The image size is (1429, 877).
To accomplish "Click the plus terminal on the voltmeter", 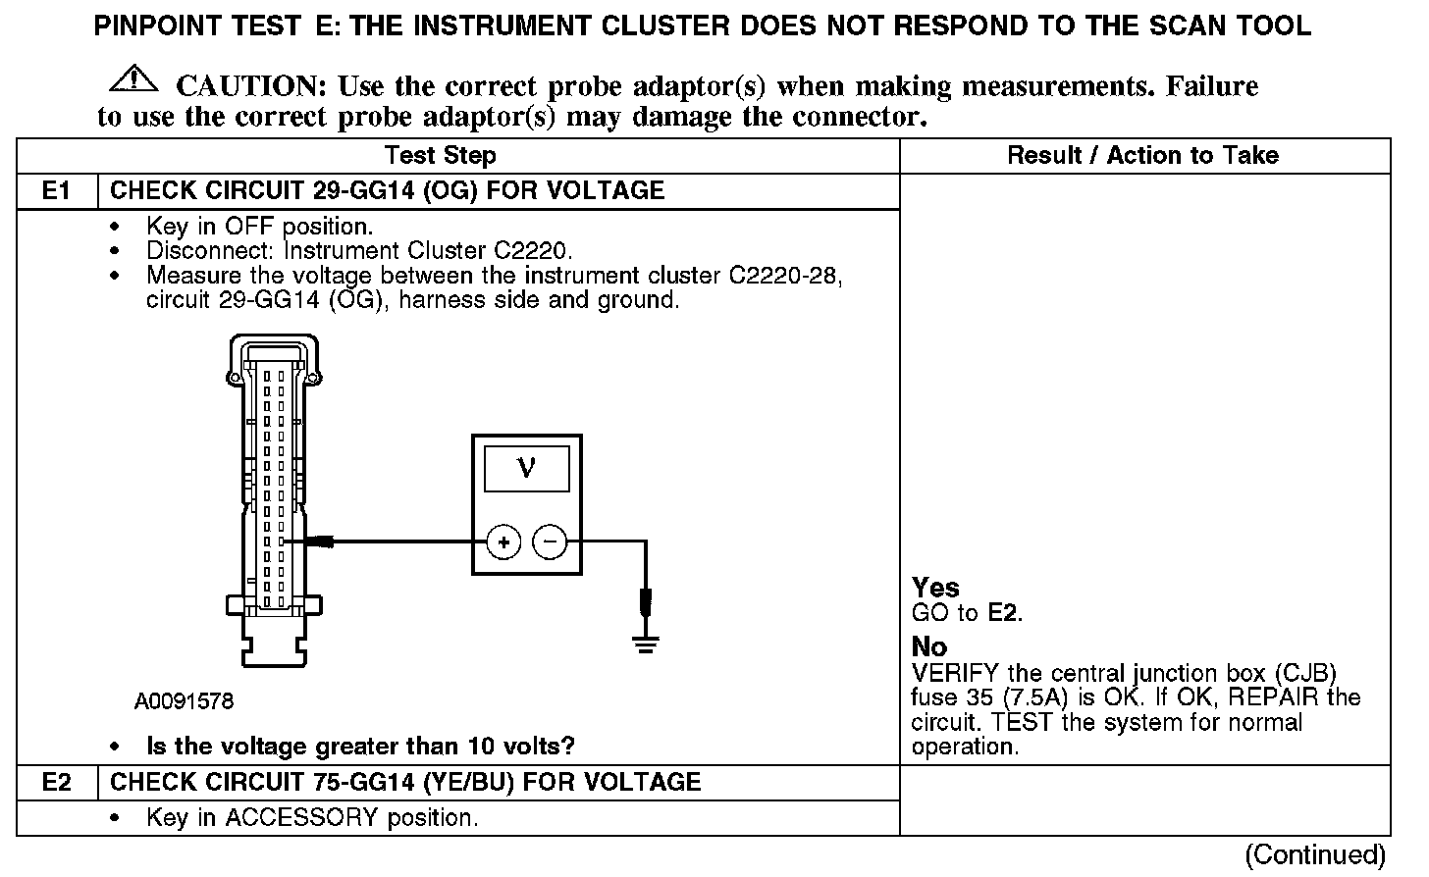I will (x=503, y=542).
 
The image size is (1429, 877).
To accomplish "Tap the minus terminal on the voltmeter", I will (x=550, y=542).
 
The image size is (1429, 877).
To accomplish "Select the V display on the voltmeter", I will (x=526, y=469).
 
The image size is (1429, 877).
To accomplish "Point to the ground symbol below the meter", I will (x=645, y=644).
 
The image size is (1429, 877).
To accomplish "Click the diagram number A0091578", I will (x=185, y=701).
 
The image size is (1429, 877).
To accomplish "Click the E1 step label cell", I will (x=57, y=190).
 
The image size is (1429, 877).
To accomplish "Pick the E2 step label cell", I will (x=57, y=782).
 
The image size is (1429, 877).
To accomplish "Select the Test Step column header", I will (x=441, y=155).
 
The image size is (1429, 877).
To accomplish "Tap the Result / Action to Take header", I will (x=1142, y=155).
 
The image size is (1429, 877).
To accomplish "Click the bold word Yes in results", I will (x=935, y=588).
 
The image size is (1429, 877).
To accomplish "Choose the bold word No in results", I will (x=929, y=646).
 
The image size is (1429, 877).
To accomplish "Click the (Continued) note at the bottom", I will (x=1315, y=854).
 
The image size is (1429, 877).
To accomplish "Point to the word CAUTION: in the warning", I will (x=250, y=86).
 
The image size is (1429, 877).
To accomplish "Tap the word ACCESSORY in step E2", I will (x=302, y=817).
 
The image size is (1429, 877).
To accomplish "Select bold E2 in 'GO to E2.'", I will (x=1004, y=614).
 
